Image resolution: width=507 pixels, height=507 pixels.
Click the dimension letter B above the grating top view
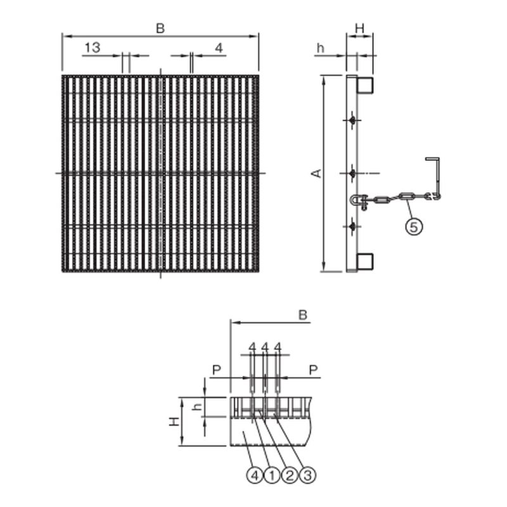click(160, 28)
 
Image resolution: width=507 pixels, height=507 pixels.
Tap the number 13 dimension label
click(92, 47)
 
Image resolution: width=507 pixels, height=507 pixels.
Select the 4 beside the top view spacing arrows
click(219, 47)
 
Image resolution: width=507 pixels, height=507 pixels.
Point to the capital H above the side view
click(359, 28)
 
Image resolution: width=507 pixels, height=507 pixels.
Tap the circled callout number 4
click(253, 475)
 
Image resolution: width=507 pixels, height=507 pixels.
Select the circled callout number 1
click(271, 475)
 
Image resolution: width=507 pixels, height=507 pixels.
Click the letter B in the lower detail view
click(303, 314)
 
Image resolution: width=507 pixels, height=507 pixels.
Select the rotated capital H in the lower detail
click(173, 421)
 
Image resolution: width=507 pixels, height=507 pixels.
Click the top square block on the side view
click(365, 85)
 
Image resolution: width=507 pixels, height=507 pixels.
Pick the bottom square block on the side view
click(365, 262)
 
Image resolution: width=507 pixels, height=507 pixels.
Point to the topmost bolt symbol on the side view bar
click(352, 120)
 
